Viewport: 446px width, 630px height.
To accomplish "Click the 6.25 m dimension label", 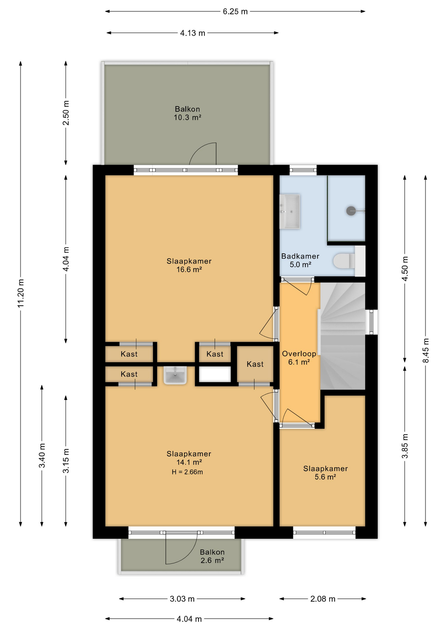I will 235,11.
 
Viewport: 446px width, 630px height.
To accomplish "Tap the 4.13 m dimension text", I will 192,33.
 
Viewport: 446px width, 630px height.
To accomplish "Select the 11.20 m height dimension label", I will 21,293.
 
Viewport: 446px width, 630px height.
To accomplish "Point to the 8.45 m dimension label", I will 426,350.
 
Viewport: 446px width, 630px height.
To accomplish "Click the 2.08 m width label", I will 323,599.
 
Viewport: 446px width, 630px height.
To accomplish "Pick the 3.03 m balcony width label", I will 182,599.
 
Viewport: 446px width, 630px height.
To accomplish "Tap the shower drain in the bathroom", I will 351,211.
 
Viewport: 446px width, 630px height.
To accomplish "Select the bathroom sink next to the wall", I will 289,211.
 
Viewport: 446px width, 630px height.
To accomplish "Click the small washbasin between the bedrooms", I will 175,375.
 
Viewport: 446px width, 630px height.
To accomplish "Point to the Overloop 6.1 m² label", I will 299,358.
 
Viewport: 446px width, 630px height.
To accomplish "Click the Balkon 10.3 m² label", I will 187,113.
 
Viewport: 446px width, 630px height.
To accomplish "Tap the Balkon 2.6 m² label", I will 212,556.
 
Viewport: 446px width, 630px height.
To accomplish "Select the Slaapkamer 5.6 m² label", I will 325,472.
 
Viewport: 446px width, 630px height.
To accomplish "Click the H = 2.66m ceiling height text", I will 187,472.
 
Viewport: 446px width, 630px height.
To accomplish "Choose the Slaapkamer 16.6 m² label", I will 189,265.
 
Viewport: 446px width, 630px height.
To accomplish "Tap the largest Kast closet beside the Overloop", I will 255,364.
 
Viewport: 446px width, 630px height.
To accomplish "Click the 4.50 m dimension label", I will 405,268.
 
